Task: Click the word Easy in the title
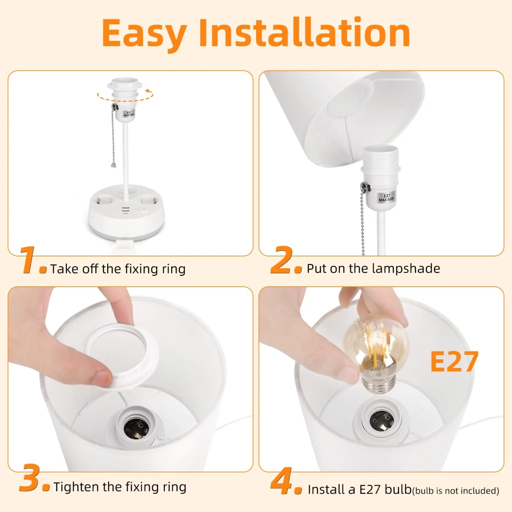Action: tap(144, 33)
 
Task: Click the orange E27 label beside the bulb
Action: tap(454, 361)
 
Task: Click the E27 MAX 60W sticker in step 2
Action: tap(386, 198)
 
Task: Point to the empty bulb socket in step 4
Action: tap(379, 422)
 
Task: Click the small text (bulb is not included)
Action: tap(456, 491)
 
